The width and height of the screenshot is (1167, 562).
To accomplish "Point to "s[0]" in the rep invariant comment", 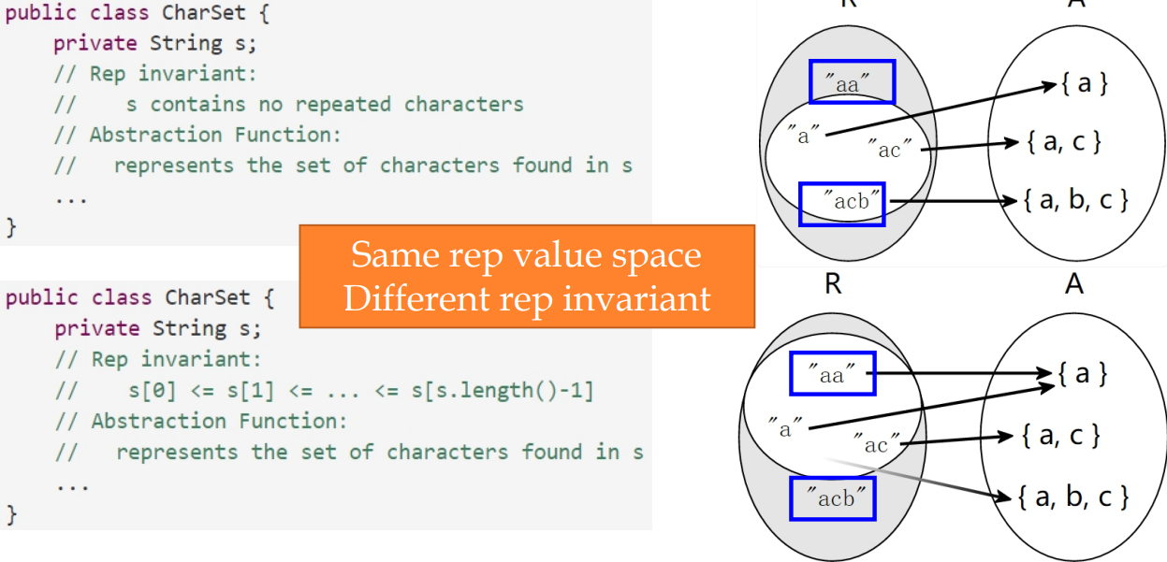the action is pos(151,390).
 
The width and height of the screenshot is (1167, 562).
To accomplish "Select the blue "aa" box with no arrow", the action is pos(852,82).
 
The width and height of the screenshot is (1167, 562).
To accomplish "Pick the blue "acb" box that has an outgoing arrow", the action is pos(841,204).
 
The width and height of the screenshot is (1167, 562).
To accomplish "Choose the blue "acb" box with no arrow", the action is pos(832,498).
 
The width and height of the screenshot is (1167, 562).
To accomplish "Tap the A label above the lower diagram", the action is pos(1073,283).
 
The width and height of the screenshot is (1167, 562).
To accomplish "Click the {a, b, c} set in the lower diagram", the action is pos(1073,495).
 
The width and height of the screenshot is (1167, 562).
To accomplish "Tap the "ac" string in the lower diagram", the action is pos(877,443).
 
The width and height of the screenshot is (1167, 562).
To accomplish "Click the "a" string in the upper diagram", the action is pos(803,135).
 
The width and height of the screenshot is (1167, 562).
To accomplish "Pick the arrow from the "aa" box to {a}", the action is pos(964,373).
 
